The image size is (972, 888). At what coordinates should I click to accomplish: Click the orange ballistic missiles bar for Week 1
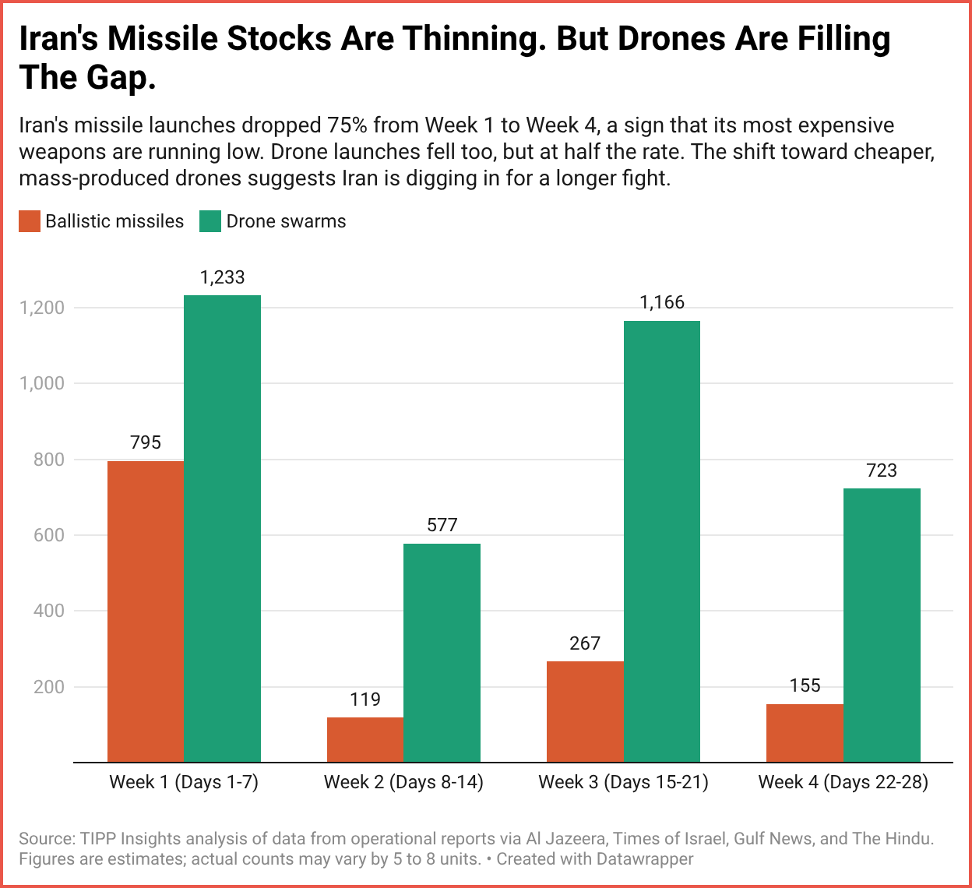pos(146,611)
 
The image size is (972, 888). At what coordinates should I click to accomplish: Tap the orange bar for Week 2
pos(365,739)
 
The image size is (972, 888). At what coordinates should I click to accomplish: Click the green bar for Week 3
pos(662,541)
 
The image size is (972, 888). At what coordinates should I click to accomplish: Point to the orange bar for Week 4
pos(805,733)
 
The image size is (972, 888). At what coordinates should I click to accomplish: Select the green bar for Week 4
pos(882,625)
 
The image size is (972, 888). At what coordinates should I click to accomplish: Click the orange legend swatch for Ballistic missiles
pos(30,221)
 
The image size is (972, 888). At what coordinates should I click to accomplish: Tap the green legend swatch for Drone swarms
pos(210,221)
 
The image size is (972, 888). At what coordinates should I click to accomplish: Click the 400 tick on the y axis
pos(48,611)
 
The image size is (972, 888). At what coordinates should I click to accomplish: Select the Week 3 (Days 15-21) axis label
pos(623,782)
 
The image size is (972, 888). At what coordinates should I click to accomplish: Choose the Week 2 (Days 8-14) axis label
pos(403,782)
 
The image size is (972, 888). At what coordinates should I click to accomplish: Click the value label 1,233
pos(222,277)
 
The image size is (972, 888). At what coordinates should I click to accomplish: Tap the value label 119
pos(365,699)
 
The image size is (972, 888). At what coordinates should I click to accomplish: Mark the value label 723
pos(882,470)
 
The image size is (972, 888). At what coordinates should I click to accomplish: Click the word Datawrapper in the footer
pos(645,859)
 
